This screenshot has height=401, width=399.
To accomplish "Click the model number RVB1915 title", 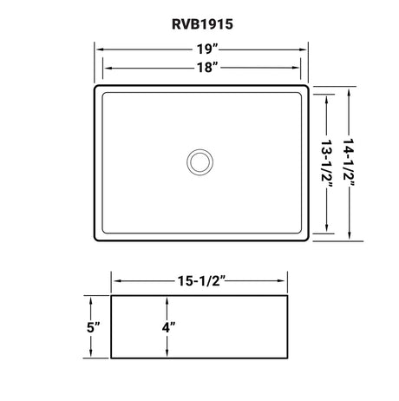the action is [x=202, y=24].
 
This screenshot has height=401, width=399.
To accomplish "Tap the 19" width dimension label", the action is [x=207, y=49].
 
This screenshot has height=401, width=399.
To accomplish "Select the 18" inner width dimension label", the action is [x=207, y=68].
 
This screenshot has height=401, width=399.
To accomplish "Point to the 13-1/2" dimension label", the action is [x=326, y=164].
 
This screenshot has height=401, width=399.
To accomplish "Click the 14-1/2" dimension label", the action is [x=349, y=163].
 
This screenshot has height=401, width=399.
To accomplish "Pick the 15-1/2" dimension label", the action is [x=201, y=280].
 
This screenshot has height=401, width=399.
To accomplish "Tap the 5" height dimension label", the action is [x=93, y=327].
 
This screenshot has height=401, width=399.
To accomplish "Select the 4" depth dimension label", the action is [x=168, y=327].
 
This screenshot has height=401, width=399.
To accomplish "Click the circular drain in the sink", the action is [x=199, y=162].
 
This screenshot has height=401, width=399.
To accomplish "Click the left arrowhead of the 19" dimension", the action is [x=101, y=49].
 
